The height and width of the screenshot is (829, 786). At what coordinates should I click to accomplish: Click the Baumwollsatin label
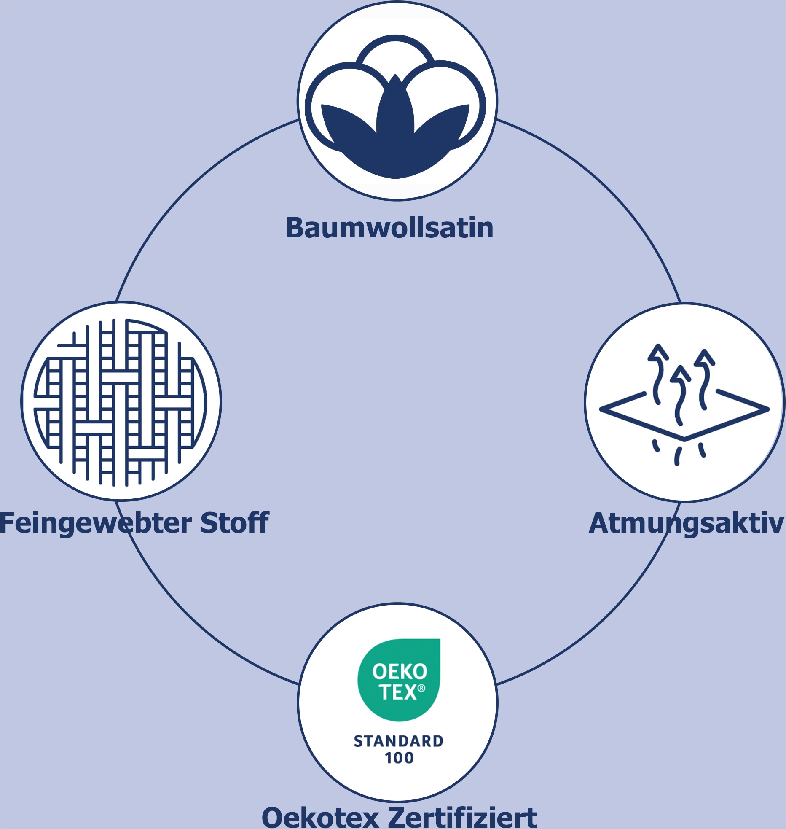pyautogui.click(x=389, y=228)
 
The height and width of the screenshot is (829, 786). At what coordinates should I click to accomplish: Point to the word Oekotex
pyautogui.click(x=320, y=817)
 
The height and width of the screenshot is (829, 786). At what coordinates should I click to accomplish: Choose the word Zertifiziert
pyautogui.click(x=462, y=817)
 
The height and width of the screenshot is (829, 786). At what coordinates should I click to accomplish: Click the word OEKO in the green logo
pyautogui.click(x=400, y=672)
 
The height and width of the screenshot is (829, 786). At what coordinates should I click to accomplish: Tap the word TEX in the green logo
pyautogui.click(x=397, y=693)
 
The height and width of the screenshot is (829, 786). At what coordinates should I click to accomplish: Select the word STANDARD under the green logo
pyautogui.click(x=398, y=741)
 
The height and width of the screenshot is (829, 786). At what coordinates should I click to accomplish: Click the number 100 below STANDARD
pyautogui.click(x=399, y=758)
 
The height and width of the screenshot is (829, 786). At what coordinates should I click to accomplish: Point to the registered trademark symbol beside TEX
pyautogui.click(x=421, y=688)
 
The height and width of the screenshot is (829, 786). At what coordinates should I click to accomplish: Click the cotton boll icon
pyautogui.click(x=395, y=106)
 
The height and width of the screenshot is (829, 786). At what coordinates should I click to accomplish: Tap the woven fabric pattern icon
pyautogui.click(x=121, y=402)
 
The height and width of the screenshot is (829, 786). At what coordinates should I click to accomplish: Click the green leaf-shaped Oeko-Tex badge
pyautogui.click(x=399, y=680)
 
